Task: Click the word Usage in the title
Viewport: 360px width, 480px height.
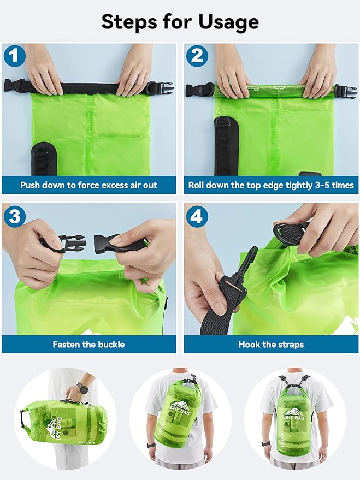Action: (225, 22)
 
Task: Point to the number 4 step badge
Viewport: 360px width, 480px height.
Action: (196, 216)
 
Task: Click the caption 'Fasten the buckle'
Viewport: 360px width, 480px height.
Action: (88, 345)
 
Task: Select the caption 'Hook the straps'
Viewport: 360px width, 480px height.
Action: (271, 345)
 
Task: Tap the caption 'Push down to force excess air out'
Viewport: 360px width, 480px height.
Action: (88, 185)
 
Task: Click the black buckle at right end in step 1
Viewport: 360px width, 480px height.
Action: (160, 88)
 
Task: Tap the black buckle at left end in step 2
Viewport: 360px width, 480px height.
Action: (199, 90)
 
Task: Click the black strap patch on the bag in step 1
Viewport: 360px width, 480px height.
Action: (40, 158)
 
